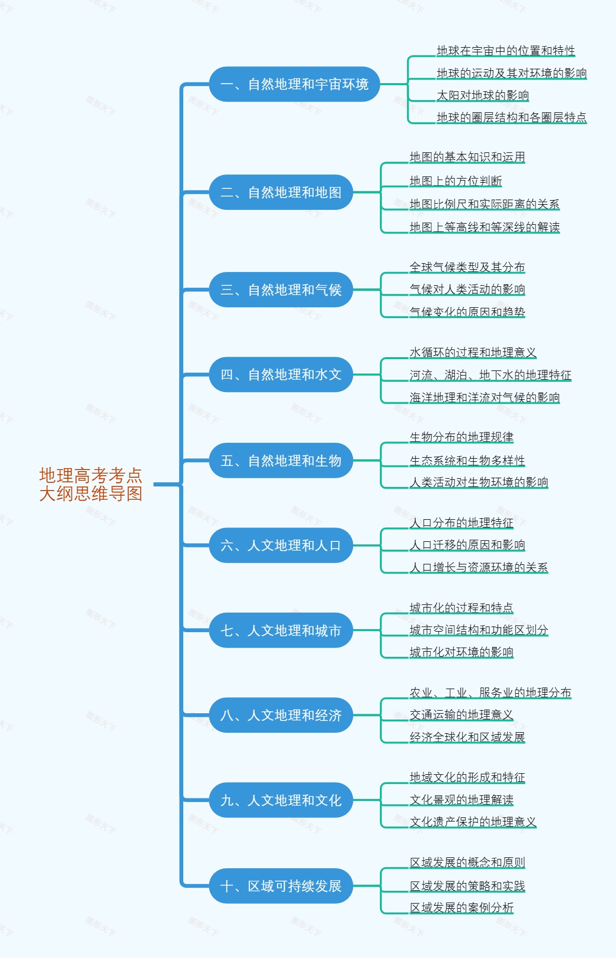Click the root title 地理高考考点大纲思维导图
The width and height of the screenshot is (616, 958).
coord(91,484)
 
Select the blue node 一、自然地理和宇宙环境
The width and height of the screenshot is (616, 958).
coord(294,84)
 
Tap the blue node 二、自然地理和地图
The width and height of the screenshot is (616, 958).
coord(281,192)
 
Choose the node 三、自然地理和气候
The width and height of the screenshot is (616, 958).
coord(281,290)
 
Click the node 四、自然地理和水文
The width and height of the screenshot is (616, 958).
coord(281,375)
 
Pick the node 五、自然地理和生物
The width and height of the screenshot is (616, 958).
coord(281,461)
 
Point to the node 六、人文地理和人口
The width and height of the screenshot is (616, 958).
coord(281,545)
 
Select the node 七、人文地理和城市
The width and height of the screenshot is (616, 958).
coord(281,630)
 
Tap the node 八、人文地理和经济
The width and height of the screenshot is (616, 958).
coord(281,715)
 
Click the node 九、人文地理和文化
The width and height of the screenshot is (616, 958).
coord(281,800)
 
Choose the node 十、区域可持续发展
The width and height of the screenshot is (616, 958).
coord(281,886)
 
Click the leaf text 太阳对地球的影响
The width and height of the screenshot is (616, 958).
coord(483,95)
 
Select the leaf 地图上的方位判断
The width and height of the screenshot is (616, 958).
coord(455,181)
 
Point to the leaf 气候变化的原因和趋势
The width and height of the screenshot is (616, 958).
coord(467,311)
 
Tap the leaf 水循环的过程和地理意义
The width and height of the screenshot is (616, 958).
coord(473,353)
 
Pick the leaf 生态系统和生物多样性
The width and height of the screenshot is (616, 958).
coord(467,460)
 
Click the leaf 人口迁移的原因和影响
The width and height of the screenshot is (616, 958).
coord(467,545)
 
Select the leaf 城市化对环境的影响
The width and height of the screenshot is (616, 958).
coord(461,652)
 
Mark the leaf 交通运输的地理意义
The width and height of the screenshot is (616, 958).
coord(461,715)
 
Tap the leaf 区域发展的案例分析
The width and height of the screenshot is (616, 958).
coord(461,908)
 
